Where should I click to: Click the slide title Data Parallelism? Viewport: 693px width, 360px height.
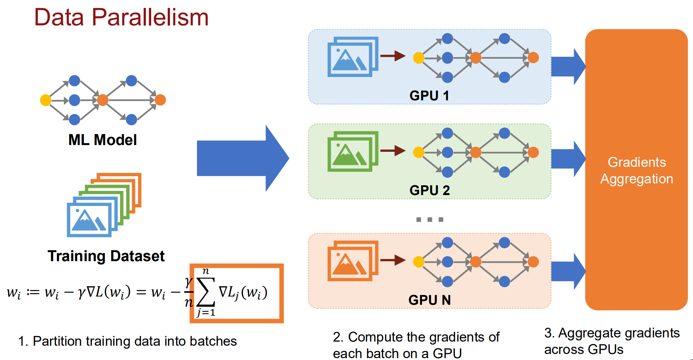[x=121, y=18]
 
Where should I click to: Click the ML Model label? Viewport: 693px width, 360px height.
[x=102, y=140]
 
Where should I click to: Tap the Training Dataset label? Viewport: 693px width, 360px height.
[x=106, y=256]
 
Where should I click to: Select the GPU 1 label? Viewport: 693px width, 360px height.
[x=429, y=95]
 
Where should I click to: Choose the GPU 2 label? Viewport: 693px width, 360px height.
[x=429, y=190]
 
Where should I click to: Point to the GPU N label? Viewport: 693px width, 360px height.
[x=429, y=300]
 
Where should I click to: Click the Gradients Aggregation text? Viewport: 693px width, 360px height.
[x=637, y=171]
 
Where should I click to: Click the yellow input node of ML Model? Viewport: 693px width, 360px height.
[x=45, y=100]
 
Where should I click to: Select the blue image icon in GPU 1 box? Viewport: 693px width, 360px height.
[x=352, y=57]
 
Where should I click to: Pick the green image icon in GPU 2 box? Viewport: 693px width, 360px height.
[x=352, y=151]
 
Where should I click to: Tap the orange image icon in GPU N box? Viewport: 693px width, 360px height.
[x=352, y=261]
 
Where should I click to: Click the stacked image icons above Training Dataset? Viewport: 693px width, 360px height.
[x=104, y=205]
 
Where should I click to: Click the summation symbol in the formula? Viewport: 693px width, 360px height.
[x=206, y=292]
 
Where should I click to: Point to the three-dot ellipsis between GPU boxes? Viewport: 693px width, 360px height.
[x=429, y=219]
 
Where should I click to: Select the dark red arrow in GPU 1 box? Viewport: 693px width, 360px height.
[x=393, y=56]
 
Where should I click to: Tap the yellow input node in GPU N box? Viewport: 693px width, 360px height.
[x=419, y=262]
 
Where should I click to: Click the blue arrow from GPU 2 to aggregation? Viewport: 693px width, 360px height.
[x=568, y=159]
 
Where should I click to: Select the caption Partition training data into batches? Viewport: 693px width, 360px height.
[x=127, y=341]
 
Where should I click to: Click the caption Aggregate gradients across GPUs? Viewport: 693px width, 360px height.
[x=612, y=341]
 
